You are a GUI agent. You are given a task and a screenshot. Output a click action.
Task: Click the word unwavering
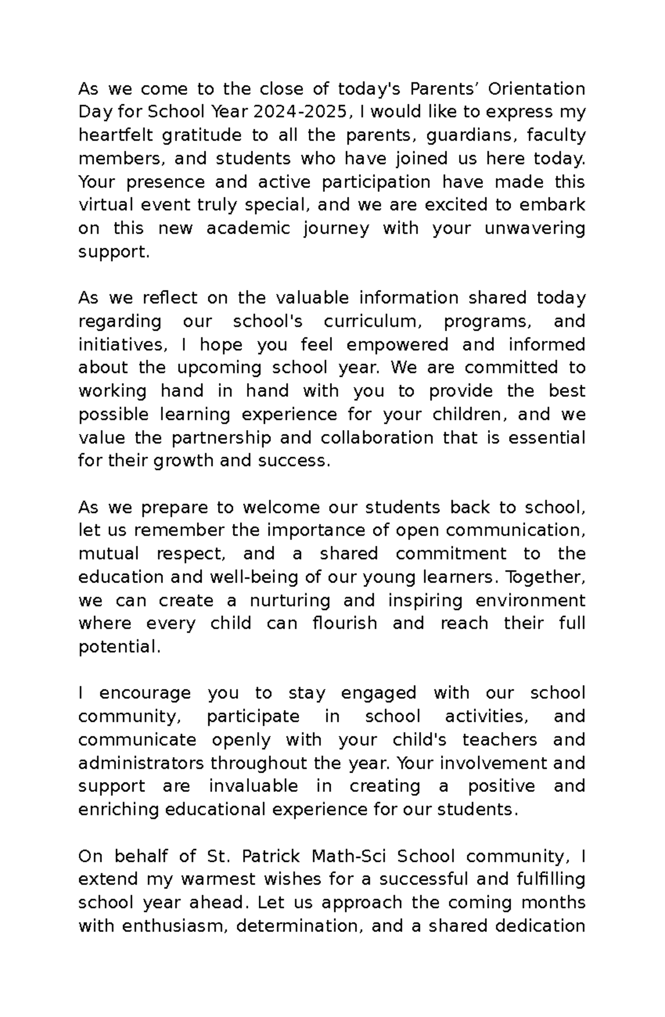pos(535,228)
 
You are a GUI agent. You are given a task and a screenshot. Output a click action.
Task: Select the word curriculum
pos(374,321)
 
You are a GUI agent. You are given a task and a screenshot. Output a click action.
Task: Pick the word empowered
pos(397,345)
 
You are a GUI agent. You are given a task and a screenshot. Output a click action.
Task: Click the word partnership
pos(221,438)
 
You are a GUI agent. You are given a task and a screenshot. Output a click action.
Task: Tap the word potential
pos(119,647)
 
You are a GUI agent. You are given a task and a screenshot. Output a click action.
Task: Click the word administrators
pos(142,763)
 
